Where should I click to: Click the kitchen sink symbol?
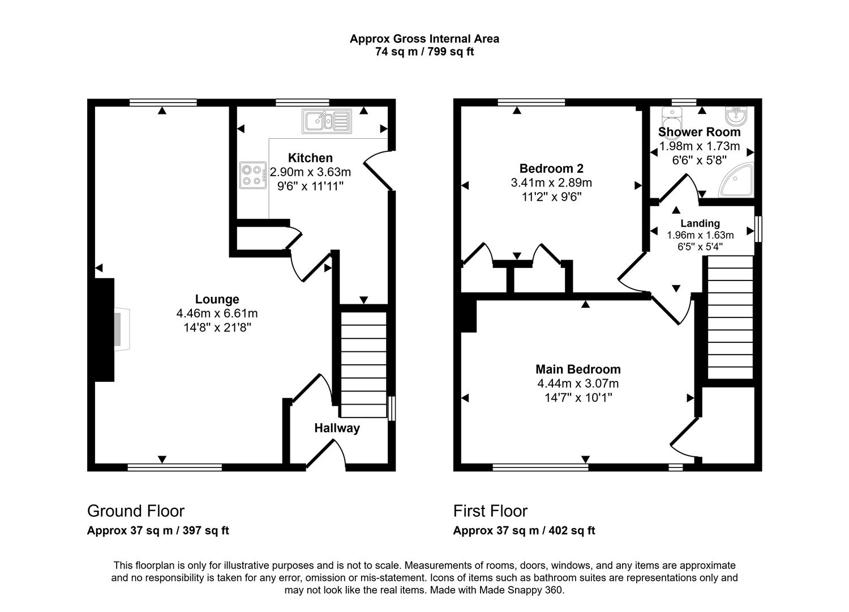click(327, 121)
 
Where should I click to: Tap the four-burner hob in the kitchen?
click(253, 175)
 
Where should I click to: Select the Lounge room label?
click(217, 299)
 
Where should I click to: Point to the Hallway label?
click(337, 428)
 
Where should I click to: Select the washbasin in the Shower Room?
click(736, 116)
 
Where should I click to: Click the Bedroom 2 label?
click(551, 168)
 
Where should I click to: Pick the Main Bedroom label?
click(578, 369)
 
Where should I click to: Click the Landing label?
click(700, 223)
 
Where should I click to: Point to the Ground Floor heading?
click(136, 511)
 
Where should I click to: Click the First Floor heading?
click(490, 511)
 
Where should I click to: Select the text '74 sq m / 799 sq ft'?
click(424, 51)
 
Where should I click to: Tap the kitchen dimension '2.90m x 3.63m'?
click(310, 172)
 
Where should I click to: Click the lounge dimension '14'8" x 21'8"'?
click(217, 327)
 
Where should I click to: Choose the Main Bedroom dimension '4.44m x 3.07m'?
click(578, 384)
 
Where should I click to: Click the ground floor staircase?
click(363, 364)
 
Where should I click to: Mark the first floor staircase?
click(730, 317)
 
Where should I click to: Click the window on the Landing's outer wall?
click(758, 229)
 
